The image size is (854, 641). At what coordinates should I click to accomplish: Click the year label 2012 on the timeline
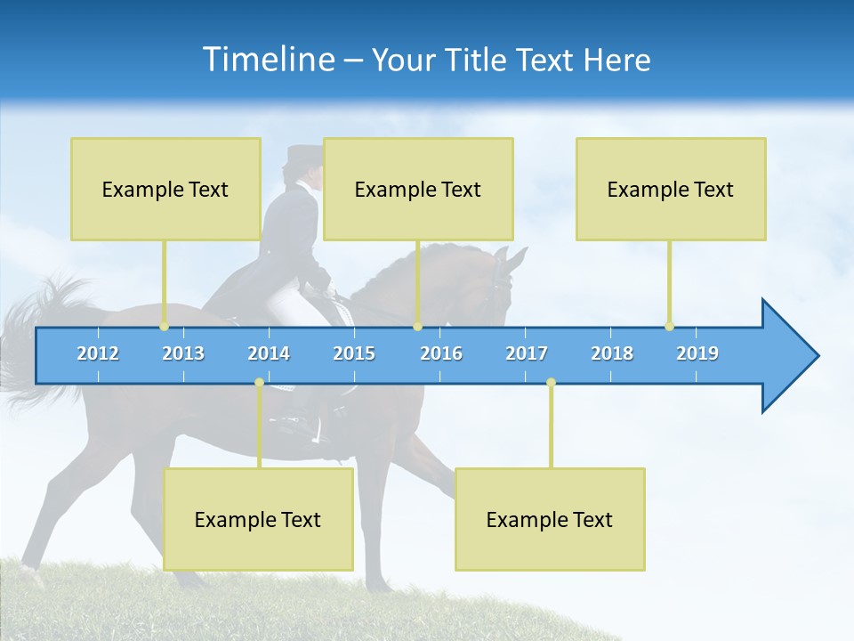98,353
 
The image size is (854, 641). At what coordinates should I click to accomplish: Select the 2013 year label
183,353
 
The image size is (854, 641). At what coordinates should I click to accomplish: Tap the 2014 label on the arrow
269,353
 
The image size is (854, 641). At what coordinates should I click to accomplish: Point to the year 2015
354,353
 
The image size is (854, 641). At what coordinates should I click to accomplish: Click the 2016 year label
441,353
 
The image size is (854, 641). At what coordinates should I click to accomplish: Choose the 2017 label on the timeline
527,353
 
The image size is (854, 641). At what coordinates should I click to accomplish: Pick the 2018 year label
612,353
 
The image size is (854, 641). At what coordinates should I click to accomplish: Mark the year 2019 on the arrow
697,353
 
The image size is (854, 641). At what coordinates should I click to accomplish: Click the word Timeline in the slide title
267,59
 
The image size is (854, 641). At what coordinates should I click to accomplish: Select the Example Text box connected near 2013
165,189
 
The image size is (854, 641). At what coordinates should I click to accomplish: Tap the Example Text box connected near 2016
418,189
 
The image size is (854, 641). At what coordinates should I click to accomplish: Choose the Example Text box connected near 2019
671,189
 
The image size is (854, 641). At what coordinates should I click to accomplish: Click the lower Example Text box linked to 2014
258,519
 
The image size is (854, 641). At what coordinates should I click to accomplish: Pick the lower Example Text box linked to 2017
550,519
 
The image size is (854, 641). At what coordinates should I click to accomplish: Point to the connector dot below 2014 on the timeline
259,382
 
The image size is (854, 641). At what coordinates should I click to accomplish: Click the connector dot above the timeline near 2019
669,326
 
